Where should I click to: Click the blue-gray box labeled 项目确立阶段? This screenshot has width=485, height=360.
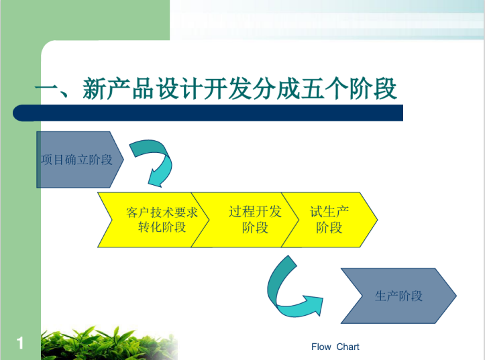(x=80, y=160)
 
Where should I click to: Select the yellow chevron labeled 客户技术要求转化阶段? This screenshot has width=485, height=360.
(x=154, y=220)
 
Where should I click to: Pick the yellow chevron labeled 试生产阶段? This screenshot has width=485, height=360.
(x=329, y=220)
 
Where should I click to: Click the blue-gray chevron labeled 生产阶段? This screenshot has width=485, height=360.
(x=398, y=296)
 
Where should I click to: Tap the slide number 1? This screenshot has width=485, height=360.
(x=20, y=343)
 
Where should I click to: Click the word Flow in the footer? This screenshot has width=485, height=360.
(x=321, y=347)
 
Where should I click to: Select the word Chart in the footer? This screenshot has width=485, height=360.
(x=347, y=347)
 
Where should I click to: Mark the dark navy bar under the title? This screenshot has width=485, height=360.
(x=208, y=113)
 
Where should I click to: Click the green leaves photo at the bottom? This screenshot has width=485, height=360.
(x=109, y=343)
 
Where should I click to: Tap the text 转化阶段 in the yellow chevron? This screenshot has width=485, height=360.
(x=162, y=227)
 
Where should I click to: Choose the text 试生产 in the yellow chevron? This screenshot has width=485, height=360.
(x=329, y=212)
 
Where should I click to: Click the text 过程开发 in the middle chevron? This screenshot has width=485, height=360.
(x=255, y=212)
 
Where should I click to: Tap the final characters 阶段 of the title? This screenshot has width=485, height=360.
(x=373, y=88)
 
